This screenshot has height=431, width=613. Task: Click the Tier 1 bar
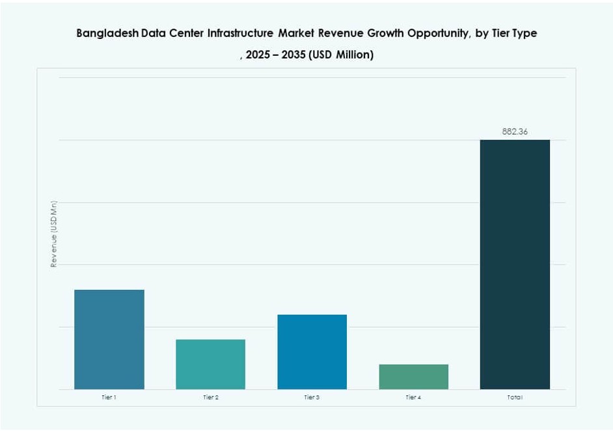(x=109, y=339)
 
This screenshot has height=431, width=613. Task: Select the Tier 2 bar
(x=210, y=364)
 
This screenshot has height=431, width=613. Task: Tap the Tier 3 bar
(x=312, y=352)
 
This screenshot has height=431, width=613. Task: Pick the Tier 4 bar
(x=413, y=376)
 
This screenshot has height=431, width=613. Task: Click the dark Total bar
(x=515, y=265)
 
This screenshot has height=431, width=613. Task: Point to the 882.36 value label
(x=515, y=131)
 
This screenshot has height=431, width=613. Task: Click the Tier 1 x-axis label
(x=109, y=397)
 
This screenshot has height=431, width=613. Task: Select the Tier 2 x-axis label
(x=210, y=397)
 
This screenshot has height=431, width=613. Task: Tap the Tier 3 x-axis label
(x=312, y=397)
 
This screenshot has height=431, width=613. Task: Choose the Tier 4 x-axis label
(x=413, y=397)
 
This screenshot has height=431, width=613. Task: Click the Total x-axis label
(x=515, y=397)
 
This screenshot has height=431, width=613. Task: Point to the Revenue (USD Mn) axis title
(x=55, y=234)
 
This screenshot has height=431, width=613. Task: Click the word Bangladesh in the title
(x=107, y=33)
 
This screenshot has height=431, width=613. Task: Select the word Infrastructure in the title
(x=239, y=33)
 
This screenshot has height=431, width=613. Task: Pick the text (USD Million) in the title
(x=342, y=55)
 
